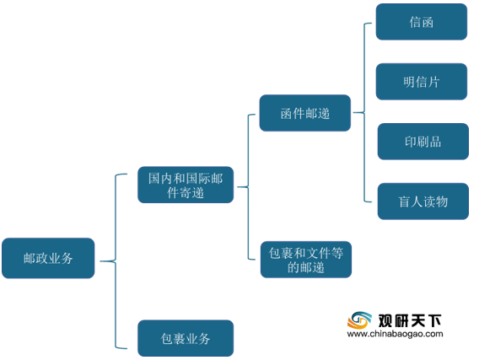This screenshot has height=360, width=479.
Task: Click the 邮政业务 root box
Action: tap(48, 258)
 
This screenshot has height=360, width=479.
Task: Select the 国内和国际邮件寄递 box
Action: tap(186, 185)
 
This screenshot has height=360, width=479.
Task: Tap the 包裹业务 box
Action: tap(186, 338)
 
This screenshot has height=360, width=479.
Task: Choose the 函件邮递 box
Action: tap(305, 113)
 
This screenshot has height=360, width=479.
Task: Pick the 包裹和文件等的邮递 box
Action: tap(306, 259)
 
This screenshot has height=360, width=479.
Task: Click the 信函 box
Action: tap(422, 22)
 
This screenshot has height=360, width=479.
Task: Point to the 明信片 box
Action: tap(422, 82)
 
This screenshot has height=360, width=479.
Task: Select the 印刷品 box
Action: tap(423, 142)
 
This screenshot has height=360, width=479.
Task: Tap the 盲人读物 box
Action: tap(423, 201)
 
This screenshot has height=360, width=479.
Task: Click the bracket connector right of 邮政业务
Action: tap(116, 261)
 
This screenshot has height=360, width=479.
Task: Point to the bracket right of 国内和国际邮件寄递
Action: tap(248, 186)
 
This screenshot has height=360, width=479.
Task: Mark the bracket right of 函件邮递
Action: tap(364, 112)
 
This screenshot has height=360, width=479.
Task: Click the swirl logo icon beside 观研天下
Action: tap(359, 321)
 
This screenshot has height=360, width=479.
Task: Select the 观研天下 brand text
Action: tap(410, 320)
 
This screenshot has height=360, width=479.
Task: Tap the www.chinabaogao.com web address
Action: tap(395, 334)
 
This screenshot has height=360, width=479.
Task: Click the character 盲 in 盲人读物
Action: tap(404, 201)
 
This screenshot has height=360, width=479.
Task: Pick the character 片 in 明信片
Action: tap(433, 82)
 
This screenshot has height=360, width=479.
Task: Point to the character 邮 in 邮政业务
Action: tap(30, 259)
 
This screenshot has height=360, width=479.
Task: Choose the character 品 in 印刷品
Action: tap(435, 142)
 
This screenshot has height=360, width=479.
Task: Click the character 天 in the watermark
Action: tap(418, 320)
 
